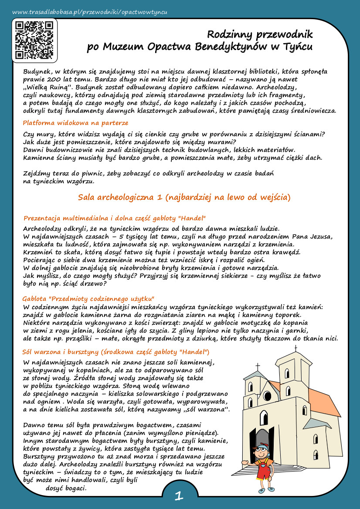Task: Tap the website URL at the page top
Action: pos(90,12)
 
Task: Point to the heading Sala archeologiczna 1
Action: pos(183,197)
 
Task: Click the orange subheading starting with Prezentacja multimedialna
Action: pos(114,217)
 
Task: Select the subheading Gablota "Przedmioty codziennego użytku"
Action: pos(88,299)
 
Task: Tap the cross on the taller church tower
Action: pos(295,348)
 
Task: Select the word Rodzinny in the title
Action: pos(230,34)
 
